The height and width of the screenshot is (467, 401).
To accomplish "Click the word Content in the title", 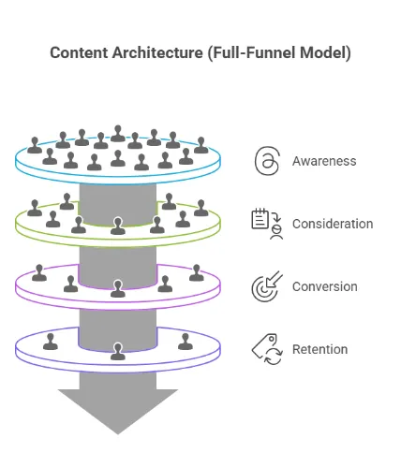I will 79,52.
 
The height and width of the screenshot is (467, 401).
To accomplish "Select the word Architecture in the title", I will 155,52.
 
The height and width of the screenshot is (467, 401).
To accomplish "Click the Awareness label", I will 324,161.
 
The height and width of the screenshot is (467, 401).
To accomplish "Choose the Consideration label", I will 333,224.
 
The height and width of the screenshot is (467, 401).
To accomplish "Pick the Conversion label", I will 325,286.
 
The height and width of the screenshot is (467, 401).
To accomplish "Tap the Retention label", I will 319,349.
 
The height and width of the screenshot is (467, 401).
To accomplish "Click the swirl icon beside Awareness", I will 267,161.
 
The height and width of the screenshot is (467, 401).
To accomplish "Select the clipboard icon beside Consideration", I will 267,223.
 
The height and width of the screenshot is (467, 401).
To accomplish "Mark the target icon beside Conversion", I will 267,286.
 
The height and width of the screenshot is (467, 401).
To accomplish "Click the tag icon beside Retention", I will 267,349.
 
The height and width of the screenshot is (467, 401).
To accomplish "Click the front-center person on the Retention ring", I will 118,351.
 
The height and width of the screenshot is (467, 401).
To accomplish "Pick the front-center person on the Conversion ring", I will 118,288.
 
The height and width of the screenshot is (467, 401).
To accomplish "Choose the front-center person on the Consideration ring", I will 118,226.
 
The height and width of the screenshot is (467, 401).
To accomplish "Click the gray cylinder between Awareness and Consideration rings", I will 118,198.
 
